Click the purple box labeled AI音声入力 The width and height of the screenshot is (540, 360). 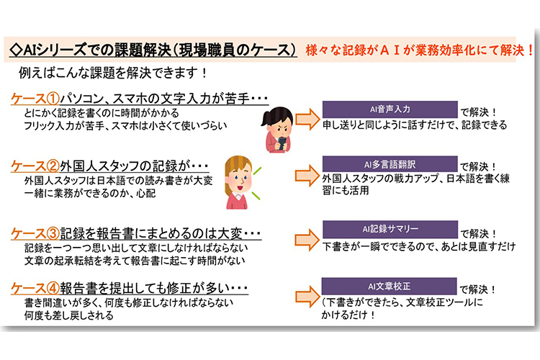390,109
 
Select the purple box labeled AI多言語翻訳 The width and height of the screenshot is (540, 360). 390,164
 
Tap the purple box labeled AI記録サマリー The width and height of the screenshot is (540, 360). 390,229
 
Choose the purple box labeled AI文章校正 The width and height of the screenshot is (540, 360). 389,286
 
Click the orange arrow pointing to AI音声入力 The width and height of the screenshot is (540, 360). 307,120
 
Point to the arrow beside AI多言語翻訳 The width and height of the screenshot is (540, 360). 307,176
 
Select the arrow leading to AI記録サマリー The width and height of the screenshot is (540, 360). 307,240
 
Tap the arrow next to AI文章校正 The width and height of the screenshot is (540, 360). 307,296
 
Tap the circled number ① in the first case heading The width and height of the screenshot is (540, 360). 53,99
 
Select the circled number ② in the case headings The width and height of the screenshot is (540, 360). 53,166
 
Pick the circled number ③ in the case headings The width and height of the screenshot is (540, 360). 53,233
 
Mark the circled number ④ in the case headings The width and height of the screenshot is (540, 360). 53,288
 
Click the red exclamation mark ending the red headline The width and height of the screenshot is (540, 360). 530,50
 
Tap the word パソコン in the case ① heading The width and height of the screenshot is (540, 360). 82,99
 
